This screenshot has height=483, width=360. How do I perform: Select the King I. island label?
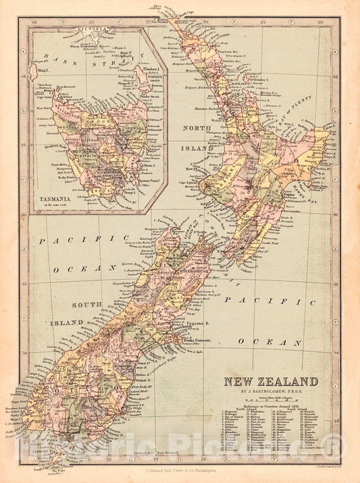43,69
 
